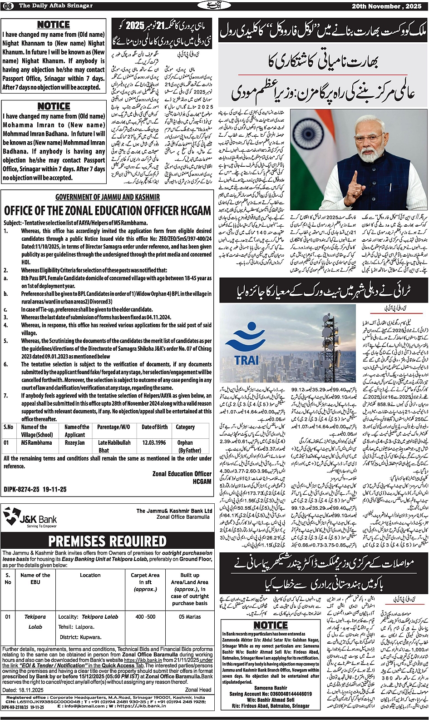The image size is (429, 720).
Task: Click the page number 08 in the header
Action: pyautogui.click(x=9, y=5)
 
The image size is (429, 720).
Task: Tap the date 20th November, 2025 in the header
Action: pyautogui.click(x=390, y=5)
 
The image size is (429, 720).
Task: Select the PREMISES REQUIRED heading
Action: pyautogui.click(x=107, y=541)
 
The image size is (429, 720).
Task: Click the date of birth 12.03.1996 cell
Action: pyautogui.click(x=154, y=442)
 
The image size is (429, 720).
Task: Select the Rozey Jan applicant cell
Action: pyautogui.click(x=75, y=442)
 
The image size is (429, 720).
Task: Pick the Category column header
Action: pyautogui.click(x=185, y=427)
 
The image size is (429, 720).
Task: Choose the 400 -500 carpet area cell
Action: pyautogui.click(x=145, y=617)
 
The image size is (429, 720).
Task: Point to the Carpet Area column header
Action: pyautogui.click(x=145, y=581)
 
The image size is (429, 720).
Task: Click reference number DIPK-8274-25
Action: pyautogui.click(x=35, y=489)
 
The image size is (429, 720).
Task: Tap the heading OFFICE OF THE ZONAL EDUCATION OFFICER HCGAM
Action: pyautogui.click(x=107, y=210)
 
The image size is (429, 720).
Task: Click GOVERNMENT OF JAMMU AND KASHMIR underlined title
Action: pyautogui.click(x=108, y=197)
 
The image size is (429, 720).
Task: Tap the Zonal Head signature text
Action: pyautogui.click(x=198, y=689)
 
